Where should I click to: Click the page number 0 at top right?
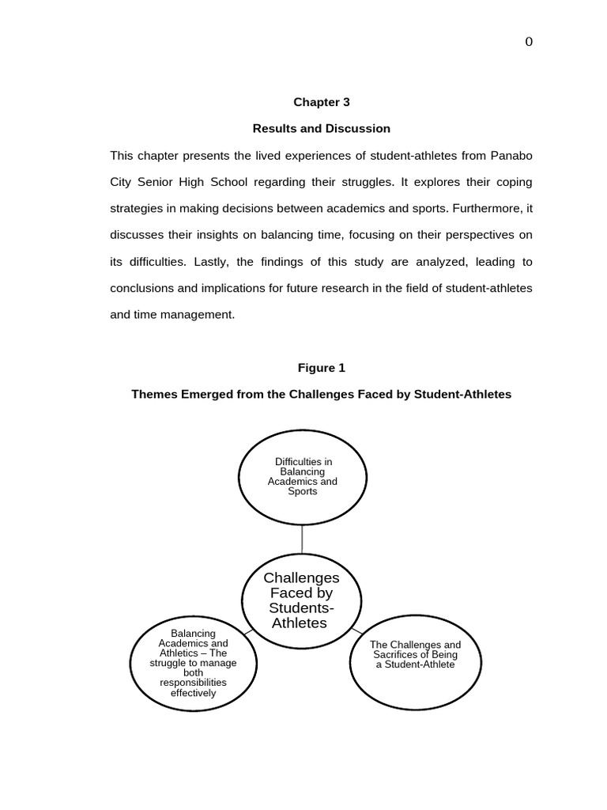point(529,42)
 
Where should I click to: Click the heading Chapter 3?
point(321,102)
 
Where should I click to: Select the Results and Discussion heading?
point(321,128)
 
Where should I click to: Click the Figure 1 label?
point(321,368)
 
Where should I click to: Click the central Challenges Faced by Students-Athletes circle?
point(301,601)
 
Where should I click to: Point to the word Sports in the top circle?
point(303,491)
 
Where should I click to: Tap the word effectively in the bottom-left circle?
point(194,693)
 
